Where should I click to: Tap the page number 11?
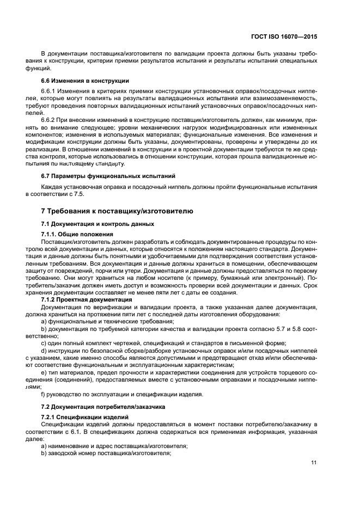pos(314,463)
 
